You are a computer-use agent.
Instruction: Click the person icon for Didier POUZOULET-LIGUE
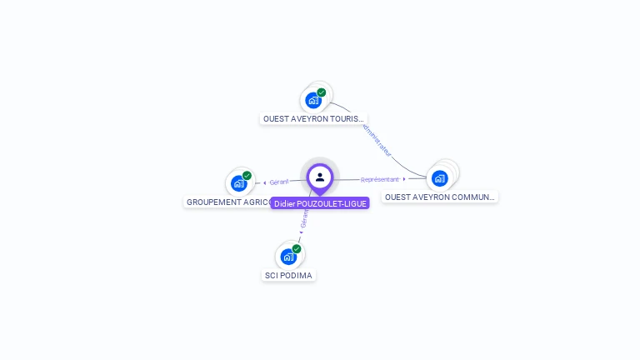point(320,177)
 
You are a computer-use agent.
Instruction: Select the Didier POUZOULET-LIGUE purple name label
point(320,203)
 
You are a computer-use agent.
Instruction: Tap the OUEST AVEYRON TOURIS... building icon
point(313,100)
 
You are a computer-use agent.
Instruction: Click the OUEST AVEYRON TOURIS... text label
point(313,119)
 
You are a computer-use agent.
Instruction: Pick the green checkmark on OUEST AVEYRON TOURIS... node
point(322,92)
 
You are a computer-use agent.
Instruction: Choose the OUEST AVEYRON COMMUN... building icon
point(440,177)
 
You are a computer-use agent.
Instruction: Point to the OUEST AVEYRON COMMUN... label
point(440,197)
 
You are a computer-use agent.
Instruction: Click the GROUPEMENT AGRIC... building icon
point(239,183)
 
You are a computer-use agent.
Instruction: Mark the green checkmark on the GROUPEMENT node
point(247,176)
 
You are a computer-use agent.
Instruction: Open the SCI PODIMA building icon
point(288,256)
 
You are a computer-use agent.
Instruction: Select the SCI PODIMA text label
point(289,275)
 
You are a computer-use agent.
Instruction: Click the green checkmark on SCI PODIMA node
point(297,248)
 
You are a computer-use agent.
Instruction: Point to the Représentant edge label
point(379,179)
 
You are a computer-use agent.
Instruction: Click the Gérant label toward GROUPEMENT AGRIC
point(278,182)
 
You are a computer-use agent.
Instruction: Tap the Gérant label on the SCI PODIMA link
point(305,218)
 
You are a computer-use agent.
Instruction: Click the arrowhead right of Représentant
point(404,179)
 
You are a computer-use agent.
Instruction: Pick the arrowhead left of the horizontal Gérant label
point(264,182)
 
